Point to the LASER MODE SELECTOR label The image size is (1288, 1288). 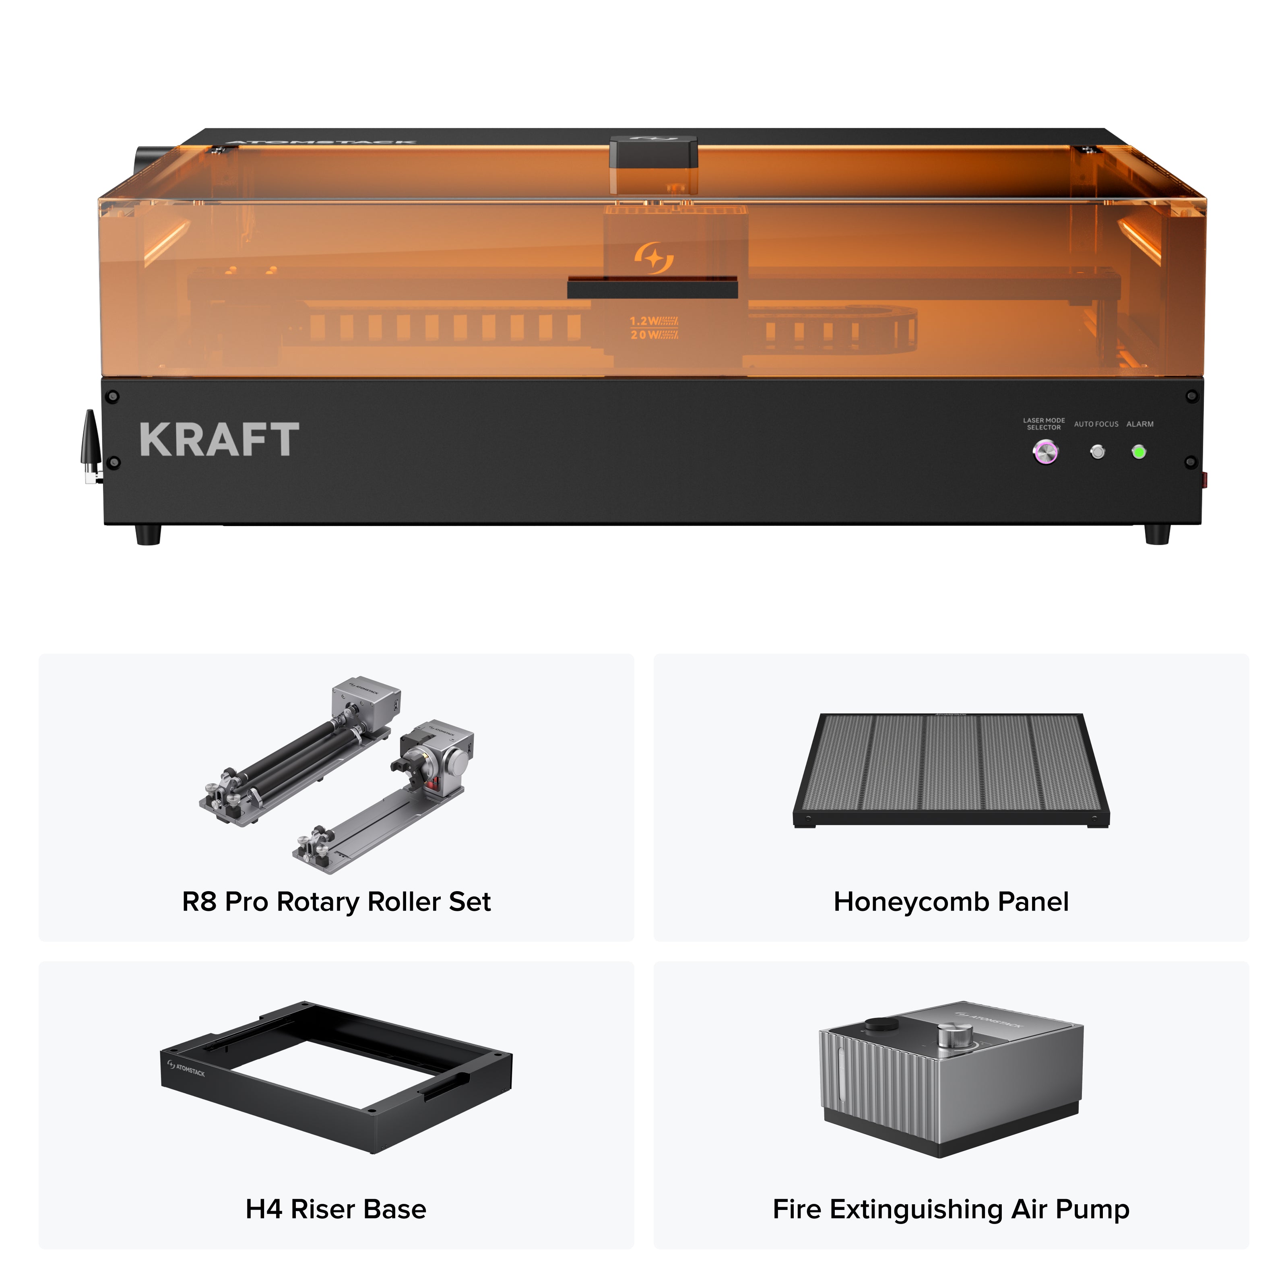1044,424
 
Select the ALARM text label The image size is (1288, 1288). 1140,424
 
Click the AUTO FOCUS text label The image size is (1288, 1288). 1096,424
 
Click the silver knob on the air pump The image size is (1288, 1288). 955,1035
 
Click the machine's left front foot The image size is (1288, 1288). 148,535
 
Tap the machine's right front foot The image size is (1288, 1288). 1157,535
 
